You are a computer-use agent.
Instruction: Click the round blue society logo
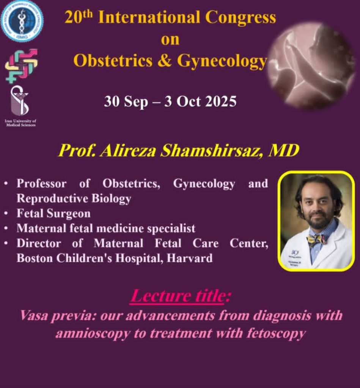coord(22,22)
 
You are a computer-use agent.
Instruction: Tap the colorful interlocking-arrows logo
coord(22,65)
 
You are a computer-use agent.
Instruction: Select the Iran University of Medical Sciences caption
coord(20,123)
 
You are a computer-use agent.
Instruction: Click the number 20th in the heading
coord(79,17)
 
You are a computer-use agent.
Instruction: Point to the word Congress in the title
coord(241,18)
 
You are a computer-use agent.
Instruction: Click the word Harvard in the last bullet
coord(190,258)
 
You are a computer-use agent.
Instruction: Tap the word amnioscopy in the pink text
coord(93,333)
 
